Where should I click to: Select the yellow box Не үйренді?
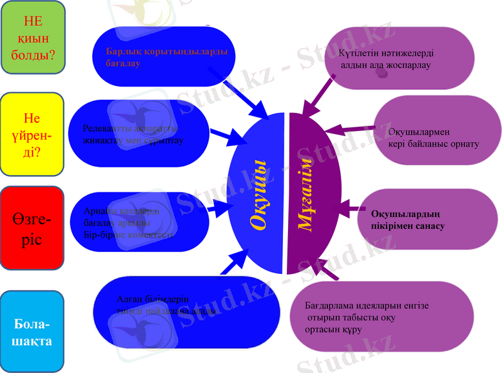(x=33, y=134)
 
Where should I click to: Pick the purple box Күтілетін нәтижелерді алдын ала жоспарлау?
(x=402, y=60)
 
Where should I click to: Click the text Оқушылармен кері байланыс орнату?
(x=433, y=138)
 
